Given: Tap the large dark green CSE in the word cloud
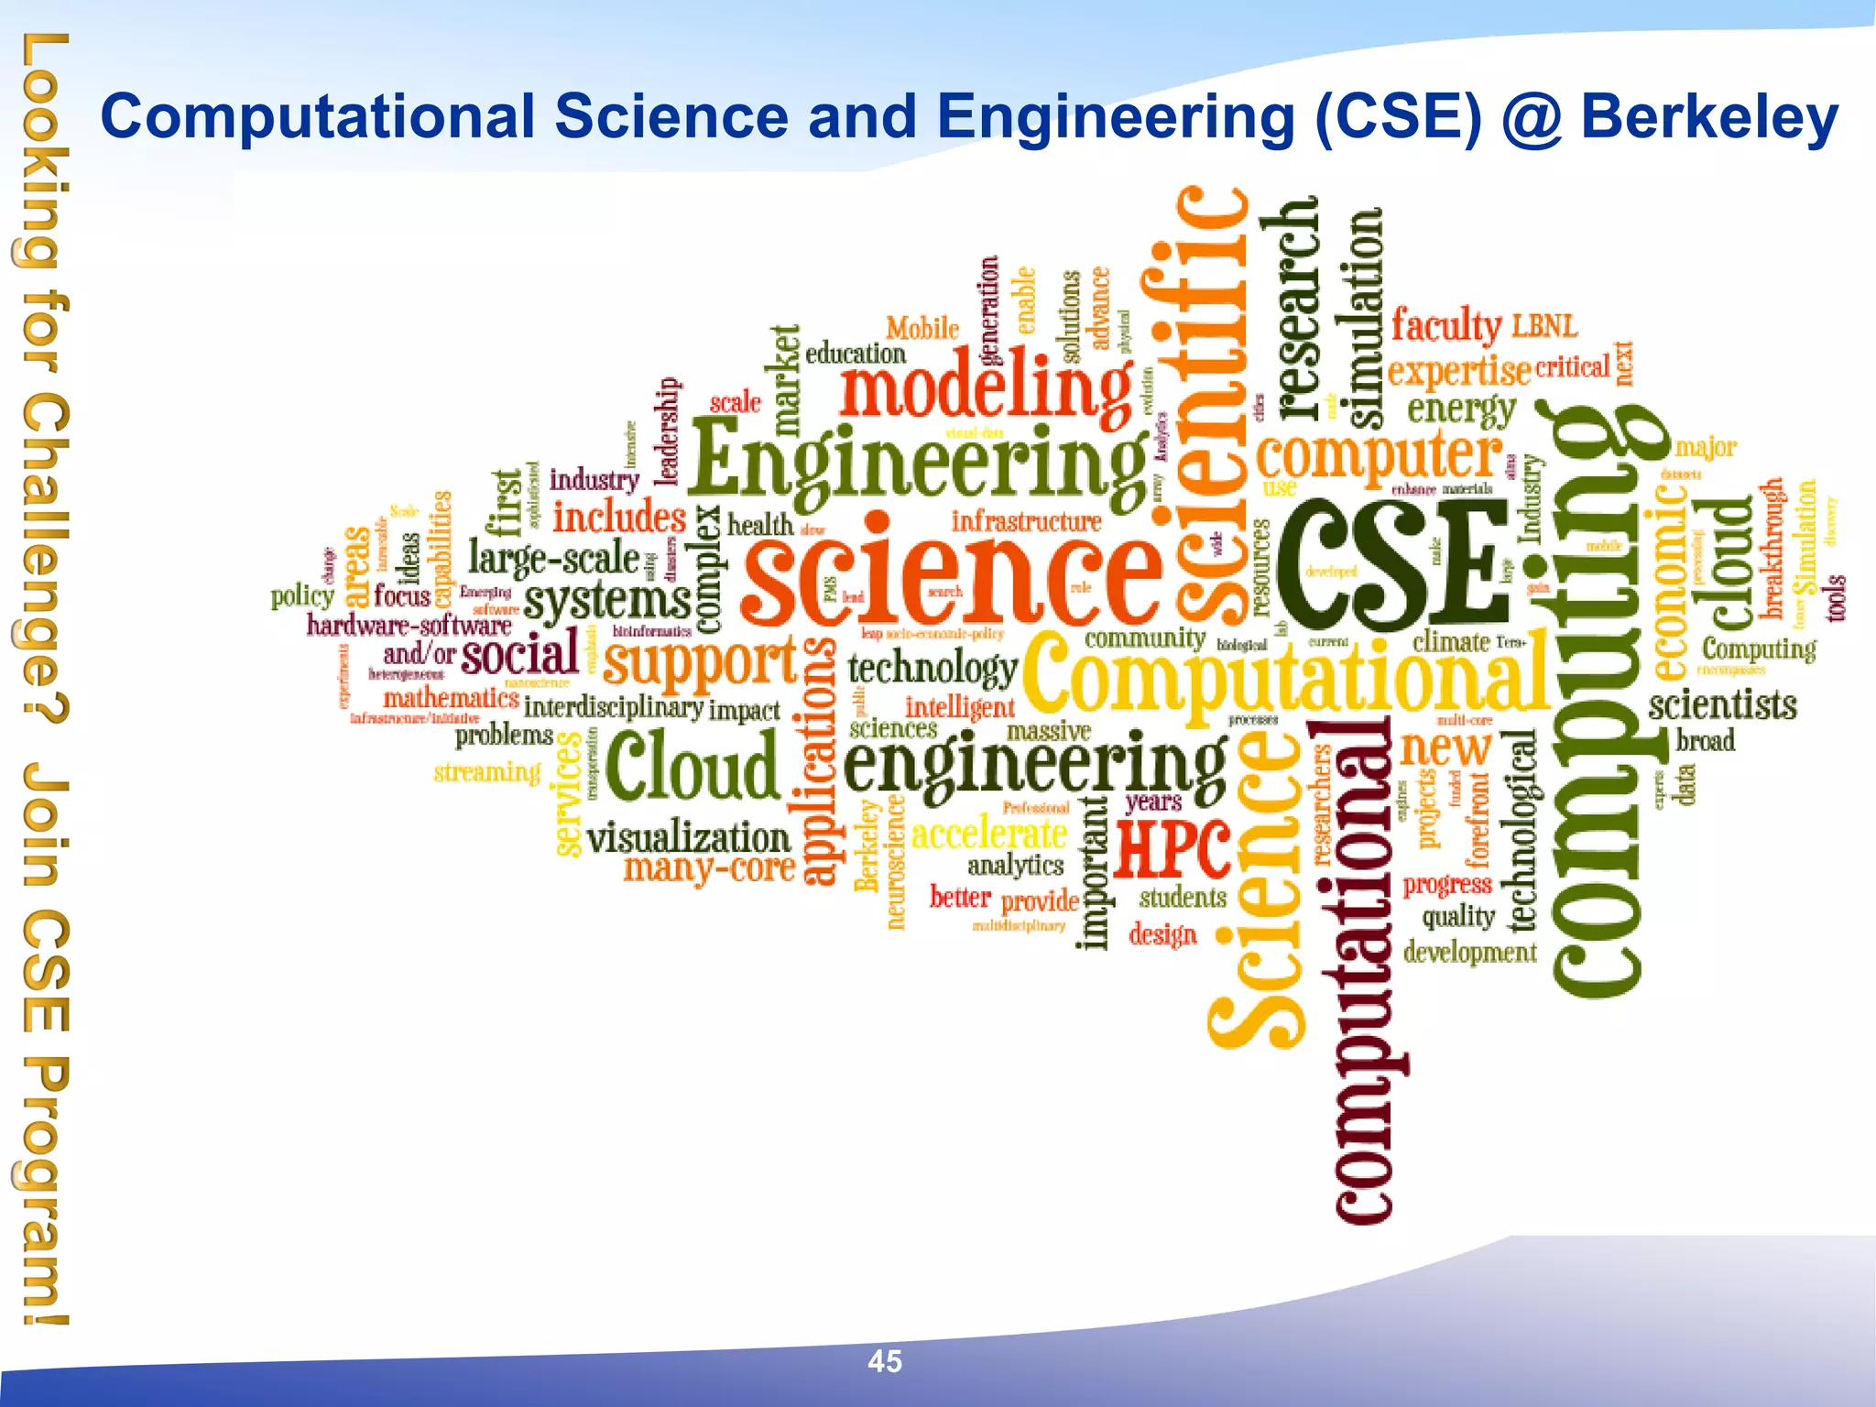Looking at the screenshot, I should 1392,562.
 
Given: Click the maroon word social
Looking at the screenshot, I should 519,652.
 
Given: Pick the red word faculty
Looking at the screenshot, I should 1445,325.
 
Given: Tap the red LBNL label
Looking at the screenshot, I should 1544,325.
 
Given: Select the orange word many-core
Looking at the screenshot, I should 709,868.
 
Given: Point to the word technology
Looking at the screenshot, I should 932,670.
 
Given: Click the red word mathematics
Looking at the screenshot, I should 451,698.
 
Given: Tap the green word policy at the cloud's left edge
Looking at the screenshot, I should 302,596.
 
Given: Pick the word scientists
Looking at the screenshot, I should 1722,705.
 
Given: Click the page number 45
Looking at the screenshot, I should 885,1361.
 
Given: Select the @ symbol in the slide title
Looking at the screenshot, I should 1532,118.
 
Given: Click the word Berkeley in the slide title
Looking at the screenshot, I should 1709,118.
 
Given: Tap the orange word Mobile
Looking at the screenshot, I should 922,328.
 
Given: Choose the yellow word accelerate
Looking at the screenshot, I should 988,834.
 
